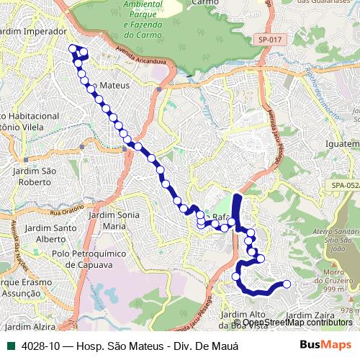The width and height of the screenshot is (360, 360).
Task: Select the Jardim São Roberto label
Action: click(x=34, y=176)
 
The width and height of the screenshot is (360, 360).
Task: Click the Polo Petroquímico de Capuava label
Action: click(x=82, y=258)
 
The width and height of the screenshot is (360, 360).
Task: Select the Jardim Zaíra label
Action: click(x=310, y=315)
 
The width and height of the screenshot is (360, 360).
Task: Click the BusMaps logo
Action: click(x=325, y=345)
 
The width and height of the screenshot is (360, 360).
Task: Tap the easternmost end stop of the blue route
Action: click(x=287, y=284)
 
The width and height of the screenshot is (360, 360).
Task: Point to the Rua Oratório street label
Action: click(x=69, y=212)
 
